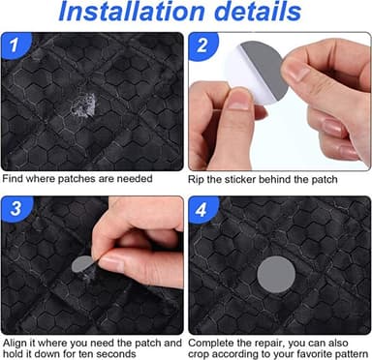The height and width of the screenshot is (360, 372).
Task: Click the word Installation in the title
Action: pyautogui.click(x=132, y=12)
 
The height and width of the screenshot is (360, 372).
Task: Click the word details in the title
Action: pyautogui.click(x=258, y=12)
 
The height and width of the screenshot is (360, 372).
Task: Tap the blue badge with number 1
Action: pyautogui.click(x=15, y=45)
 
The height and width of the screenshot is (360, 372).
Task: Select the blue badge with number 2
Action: pyautogui.click(x=202, y=45)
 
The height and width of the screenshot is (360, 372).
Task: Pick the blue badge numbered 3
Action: pyautogui.click(x=15, y=208)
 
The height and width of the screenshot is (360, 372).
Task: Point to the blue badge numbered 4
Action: pyautogui.click(x=202, y=209)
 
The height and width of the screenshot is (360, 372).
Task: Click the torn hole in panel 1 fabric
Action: pyautogui.click(x=83, y=104)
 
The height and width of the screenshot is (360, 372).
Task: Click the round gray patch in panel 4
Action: pyautogui.click(x=276, y=274)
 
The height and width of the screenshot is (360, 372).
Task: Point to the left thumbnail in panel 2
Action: pyautogui.click(x=238, y=104)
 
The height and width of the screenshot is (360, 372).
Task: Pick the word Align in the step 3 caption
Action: pyautogui.click(x=15, y=343)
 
